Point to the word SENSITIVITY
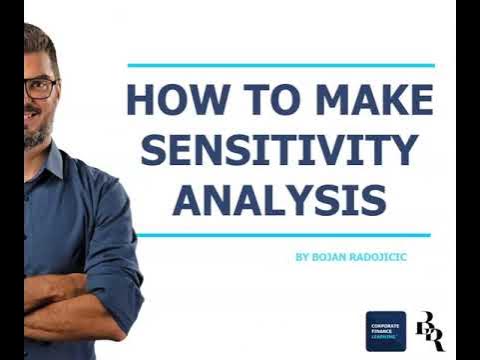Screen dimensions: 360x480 (x=279, y=150)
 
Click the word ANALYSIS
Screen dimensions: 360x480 (x=279, y=198)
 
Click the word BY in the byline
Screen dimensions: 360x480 (x=302, y=257)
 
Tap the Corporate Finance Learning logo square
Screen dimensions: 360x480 (x=385, y=331)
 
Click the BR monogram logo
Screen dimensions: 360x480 (x=429, y=331)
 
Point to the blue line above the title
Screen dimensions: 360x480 (x=281, y=65)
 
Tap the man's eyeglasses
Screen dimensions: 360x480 (x=40, y=87)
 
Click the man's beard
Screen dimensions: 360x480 (x=36, y=135)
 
